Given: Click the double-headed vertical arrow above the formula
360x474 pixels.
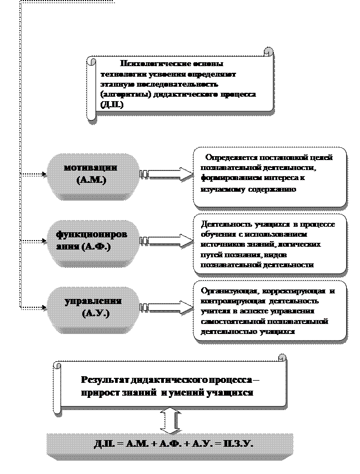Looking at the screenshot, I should coord(173,421).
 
